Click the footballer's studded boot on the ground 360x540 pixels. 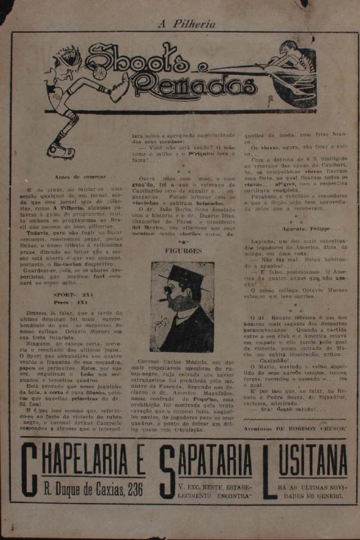(x=61, y=150)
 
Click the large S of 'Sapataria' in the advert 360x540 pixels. (x=167, y=470)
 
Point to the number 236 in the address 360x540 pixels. (x=135, y=489)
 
